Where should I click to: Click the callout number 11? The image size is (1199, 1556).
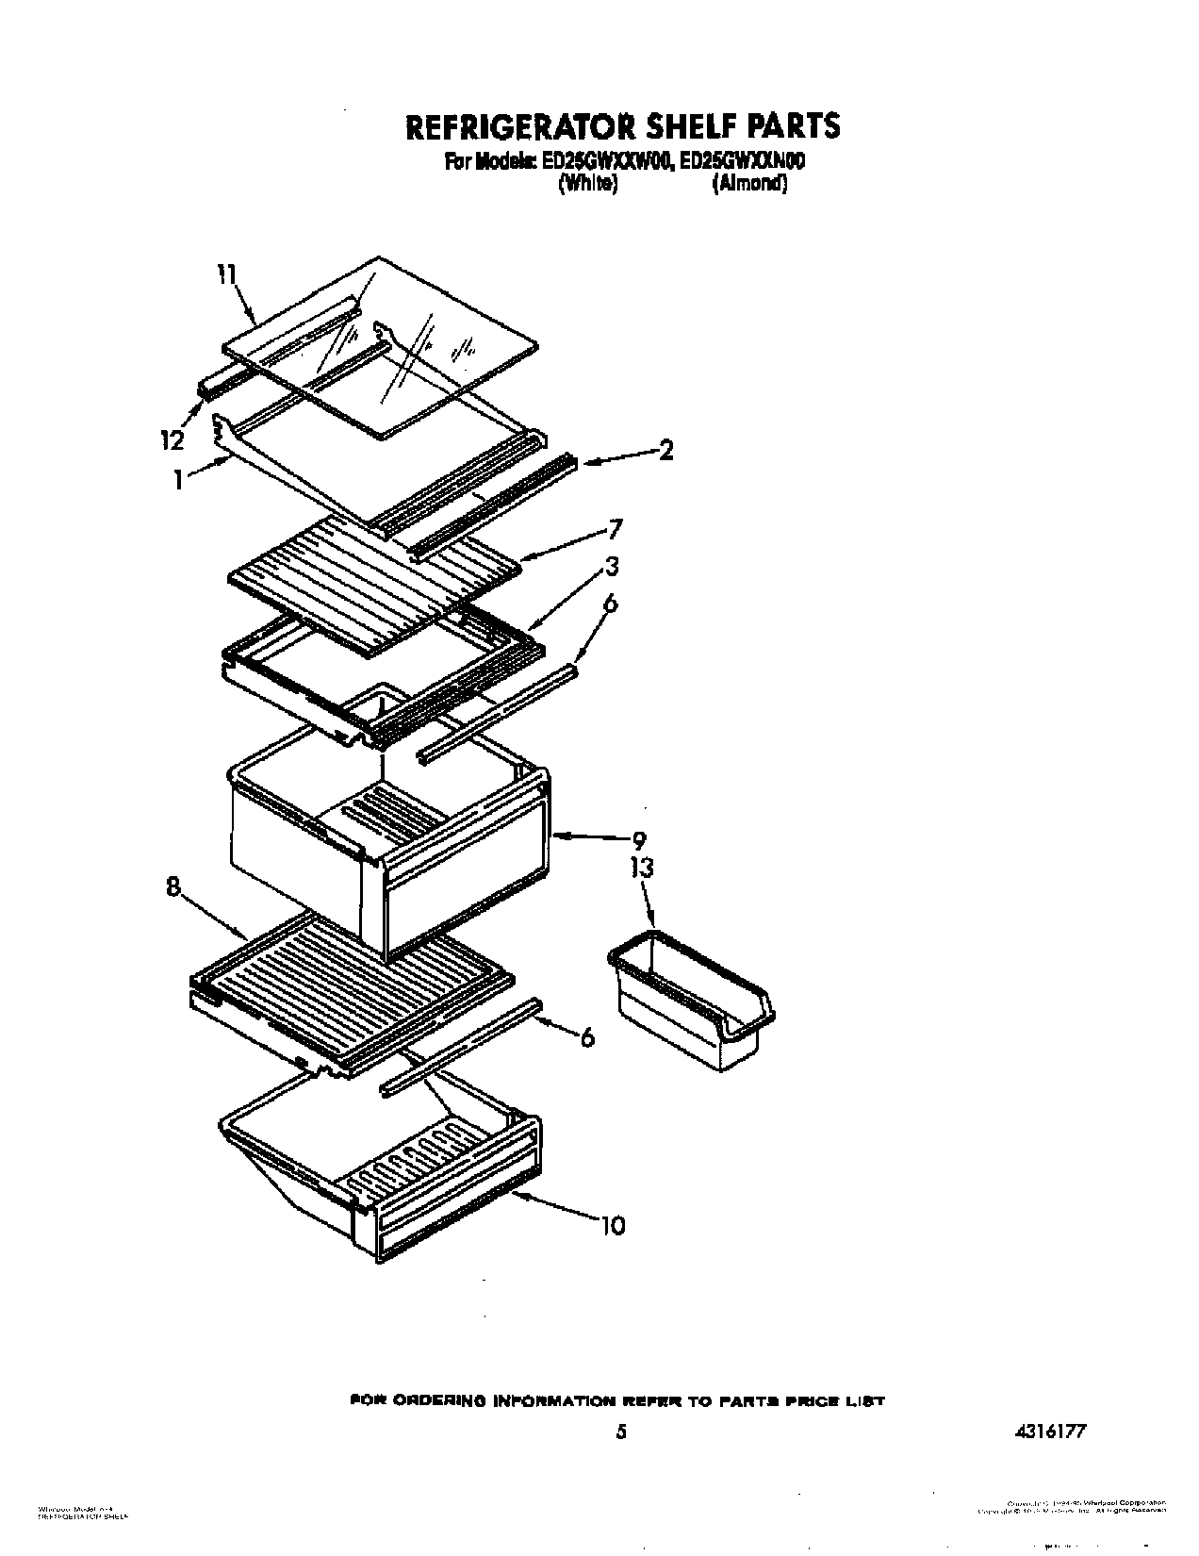click(226, 274)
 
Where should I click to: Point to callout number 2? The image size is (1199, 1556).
click(666, 452)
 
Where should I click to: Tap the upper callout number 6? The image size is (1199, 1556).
click(610, 604)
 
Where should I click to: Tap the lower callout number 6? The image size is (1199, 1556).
click(587, 1037)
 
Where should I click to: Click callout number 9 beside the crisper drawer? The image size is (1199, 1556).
click(639, 839)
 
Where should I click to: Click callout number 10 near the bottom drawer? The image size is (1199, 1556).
click(612, 1226)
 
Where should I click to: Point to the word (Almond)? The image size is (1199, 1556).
click(749, 185)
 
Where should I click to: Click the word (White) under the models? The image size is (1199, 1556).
click(588, 185)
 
